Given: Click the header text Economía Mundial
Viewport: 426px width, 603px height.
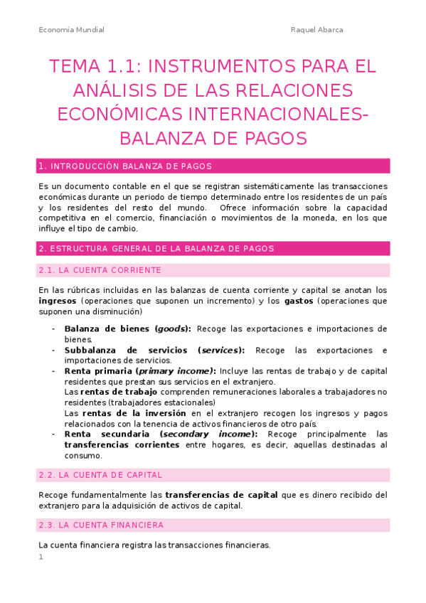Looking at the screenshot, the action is tap(71, 30).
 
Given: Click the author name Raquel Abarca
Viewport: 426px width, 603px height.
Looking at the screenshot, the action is tap(318, 30).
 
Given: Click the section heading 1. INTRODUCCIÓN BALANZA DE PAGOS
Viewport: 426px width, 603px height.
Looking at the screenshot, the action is tap(125, 166).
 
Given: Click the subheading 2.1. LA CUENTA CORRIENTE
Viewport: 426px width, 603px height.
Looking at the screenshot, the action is tap(100, 270).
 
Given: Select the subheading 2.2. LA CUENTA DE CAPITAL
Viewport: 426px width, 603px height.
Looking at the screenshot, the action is tap(100, 474).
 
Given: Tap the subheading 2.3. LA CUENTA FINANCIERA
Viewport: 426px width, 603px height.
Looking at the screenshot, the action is tap(101, 525).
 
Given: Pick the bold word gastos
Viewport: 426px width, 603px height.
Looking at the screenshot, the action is tap(299, 301).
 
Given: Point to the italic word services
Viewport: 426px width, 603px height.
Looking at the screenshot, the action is tap(221, 351).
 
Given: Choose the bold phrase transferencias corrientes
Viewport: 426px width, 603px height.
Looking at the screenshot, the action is tap(122, 444).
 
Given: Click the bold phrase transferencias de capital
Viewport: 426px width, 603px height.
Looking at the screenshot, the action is tap(221, 495).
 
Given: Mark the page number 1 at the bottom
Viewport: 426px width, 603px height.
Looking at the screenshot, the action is tap(41, 557).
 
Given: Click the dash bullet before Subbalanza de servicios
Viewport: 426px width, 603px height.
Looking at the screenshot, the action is tap(53, 351).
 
